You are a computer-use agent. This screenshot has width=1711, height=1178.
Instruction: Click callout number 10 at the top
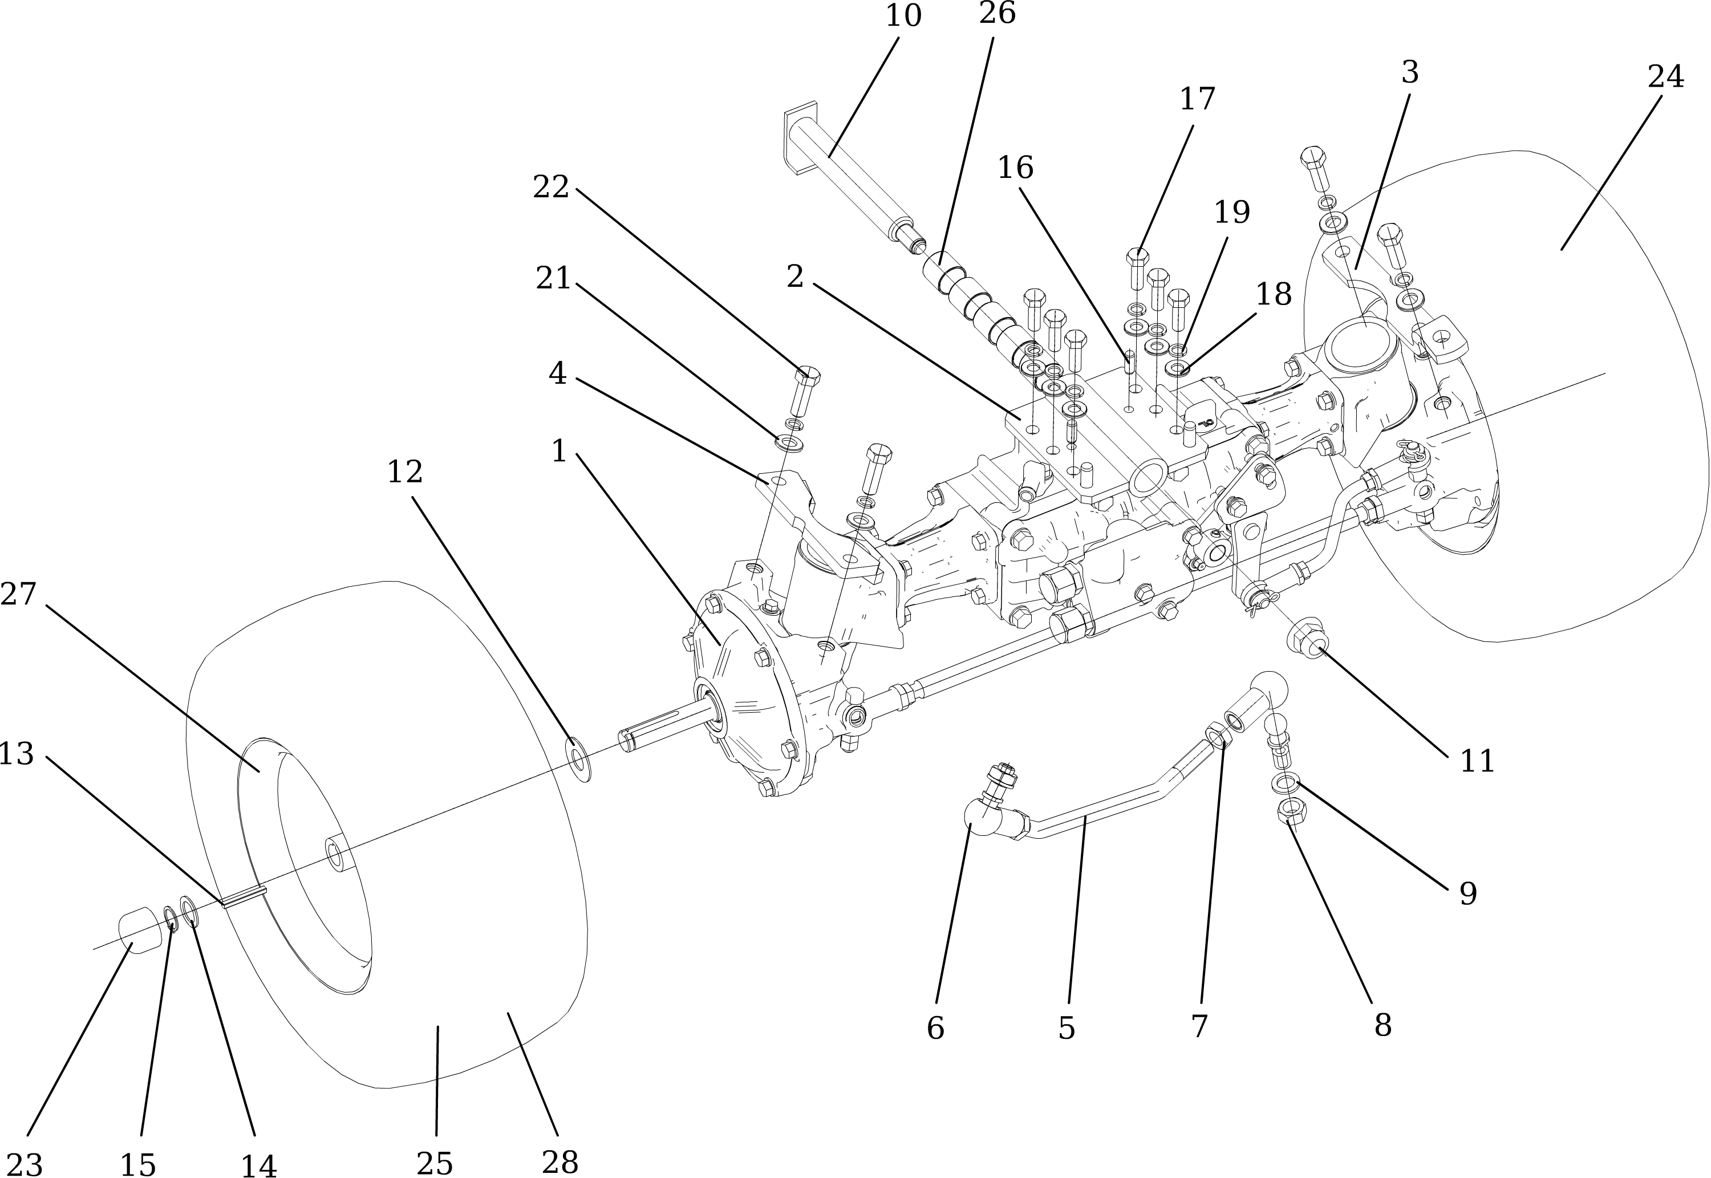pos(903,16)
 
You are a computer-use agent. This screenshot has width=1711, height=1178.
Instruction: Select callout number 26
pos(997,13)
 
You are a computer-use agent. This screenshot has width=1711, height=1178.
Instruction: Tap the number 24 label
pos(1666,77)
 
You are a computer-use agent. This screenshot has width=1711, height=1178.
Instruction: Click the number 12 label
pos(406,472)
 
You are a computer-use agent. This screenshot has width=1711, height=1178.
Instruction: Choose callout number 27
pos(18,594)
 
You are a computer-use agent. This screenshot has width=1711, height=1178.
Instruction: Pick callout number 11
pos(1478,762)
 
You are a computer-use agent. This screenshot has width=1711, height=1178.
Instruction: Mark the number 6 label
pos(935,1028)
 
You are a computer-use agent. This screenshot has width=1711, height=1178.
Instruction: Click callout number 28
pos(560,1163)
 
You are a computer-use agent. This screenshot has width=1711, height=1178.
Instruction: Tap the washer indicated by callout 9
pos(1282,782)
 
